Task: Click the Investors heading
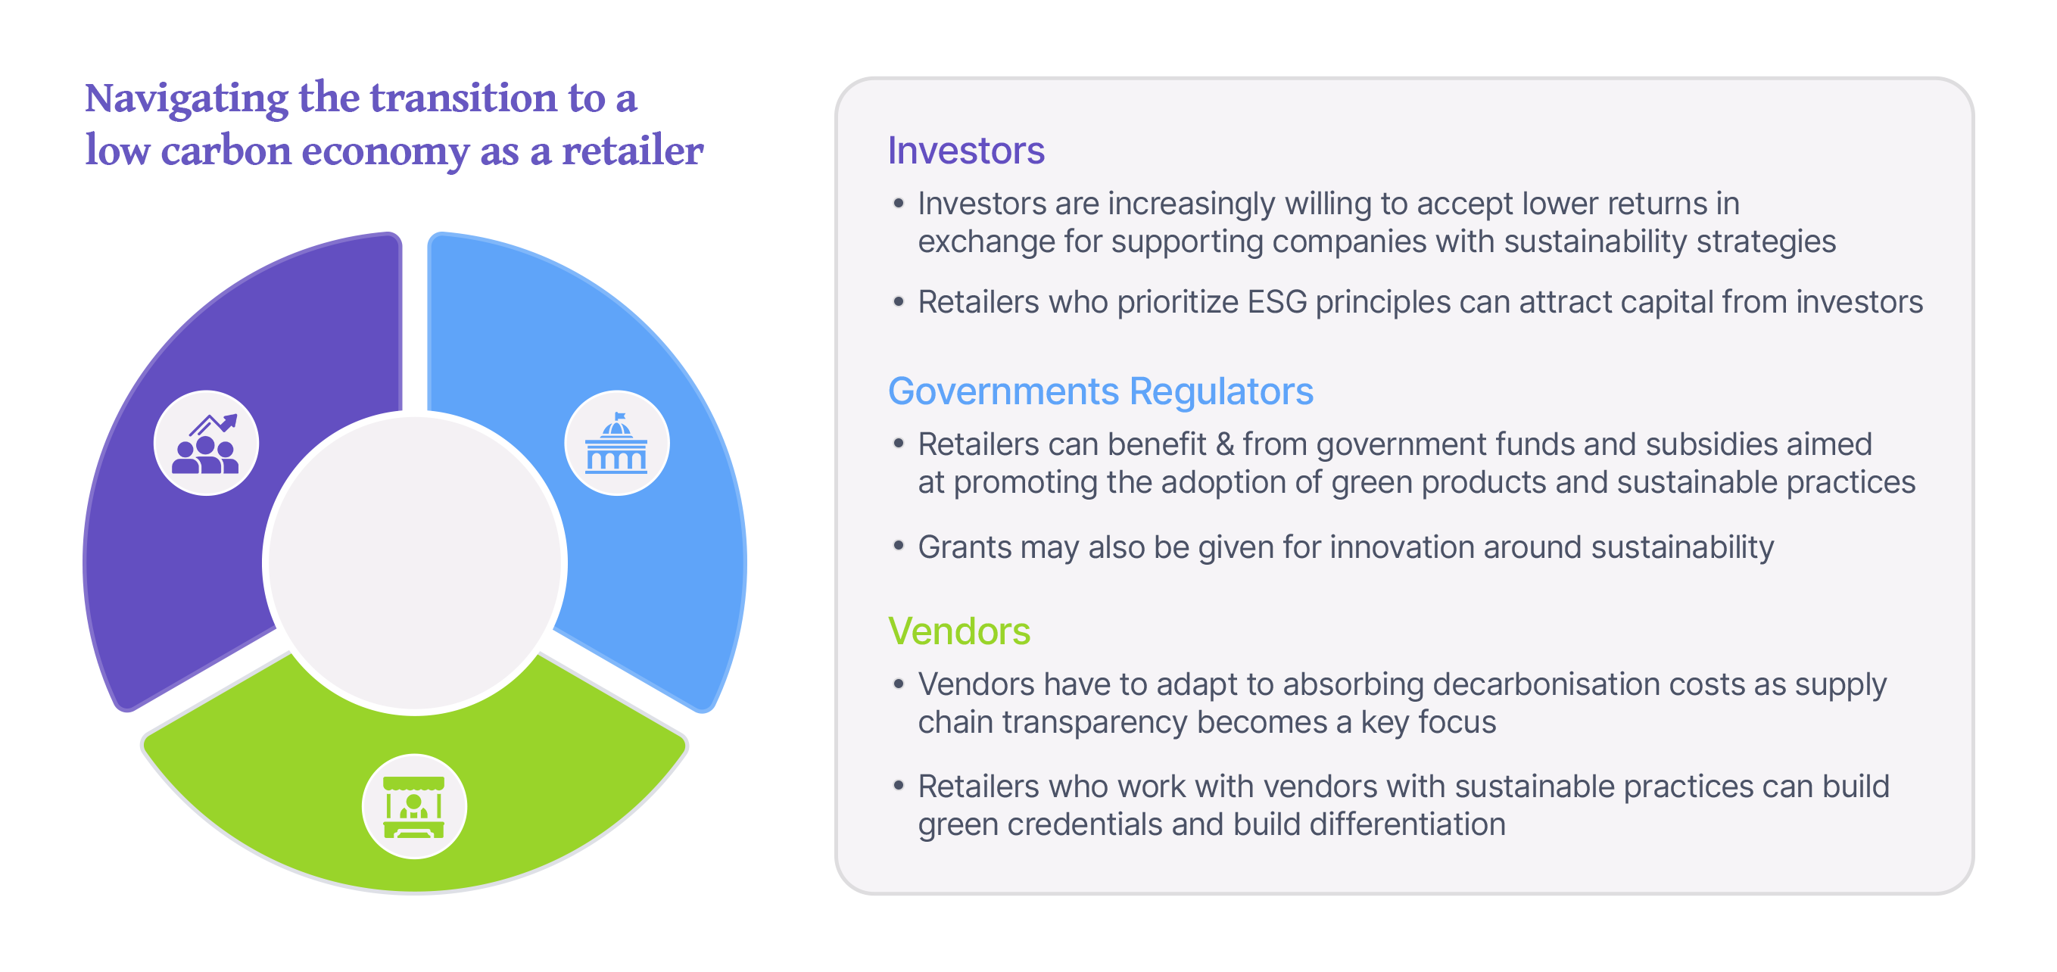pyautogui.click(x=965, y=150)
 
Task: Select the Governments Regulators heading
pyautogui.click(x=1099, y=391)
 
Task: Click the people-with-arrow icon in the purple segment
pyautogui.click(x=206, y=444)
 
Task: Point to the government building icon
pyautogui.click(x=616, y=444)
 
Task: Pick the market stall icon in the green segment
pyautogui.click(x=413, y=806)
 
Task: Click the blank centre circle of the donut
pyautogui.click(x=414, y=562)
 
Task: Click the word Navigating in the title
pyautogui.click(x=186, y=100)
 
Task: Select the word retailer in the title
pyautogui.click(x=632, y=151)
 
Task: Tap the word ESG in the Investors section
pyautogui.click(x=1277, y=303)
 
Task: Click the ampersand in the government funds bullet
pyautogui.click(x=1224, y=445)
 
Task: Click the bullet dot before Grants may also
pyautogui.click(x=899, y=547)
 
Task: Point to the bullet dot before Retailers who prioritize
pyautogui.click(x=899, y=302)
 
